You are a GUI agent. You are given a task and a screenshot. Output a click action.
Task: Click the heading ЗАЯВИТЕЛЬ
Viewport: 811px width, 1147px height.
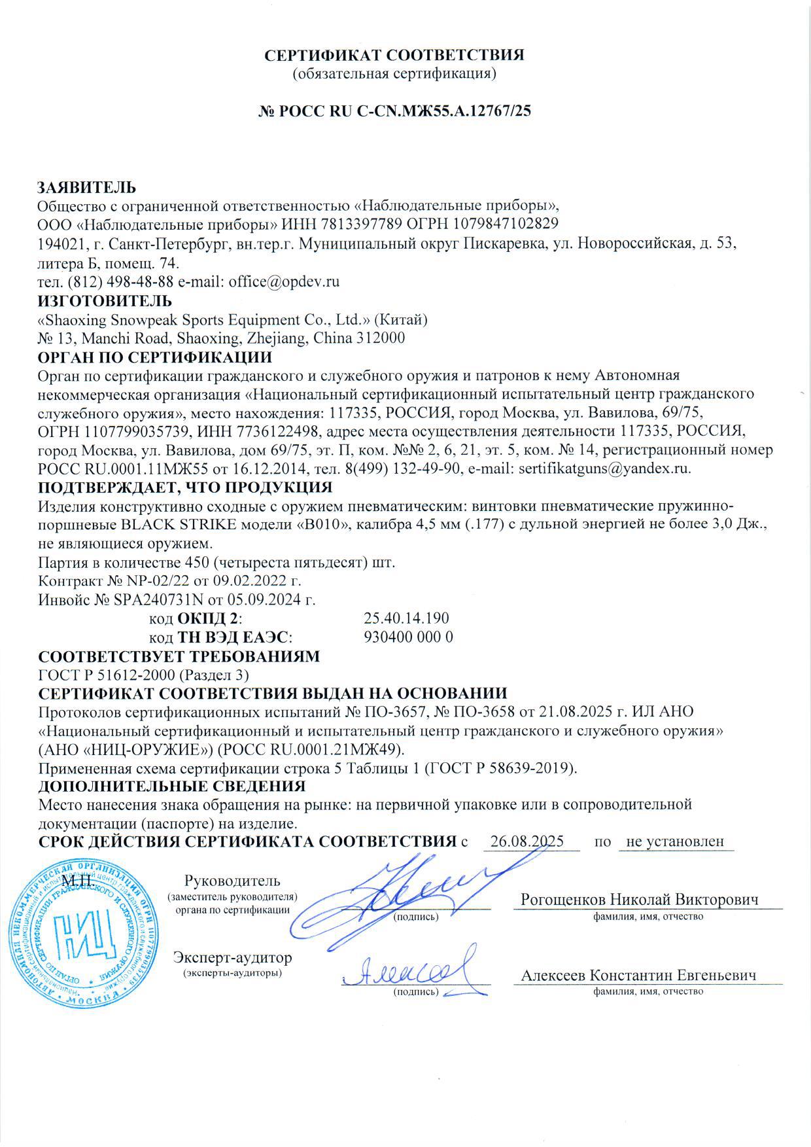(87, 188)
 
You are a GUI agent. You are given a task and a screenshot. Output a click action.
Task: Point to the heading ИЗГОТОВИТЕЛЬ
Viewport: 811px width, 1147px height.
(105, 301)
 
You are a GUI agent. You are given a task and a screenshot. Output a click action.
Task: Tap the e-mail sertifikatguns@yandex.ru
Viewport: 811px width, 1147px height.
(604, 468)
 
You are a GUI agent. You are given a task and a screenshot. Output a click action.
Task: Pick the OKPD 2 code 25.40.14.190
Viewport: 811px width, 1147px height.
(406, 618)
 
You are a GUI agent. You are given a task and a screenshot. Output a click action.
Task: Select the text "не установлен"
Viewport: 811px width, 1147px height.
(675, 841)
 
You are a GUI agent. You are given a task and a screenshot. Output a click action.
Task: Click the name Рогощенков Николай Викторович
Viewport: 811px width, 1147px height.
(639, 900)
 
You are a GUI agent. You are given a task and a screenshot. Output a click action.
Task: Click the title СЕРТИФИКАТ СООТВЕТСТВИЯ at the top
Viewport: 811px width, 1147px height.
(394, 55)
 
